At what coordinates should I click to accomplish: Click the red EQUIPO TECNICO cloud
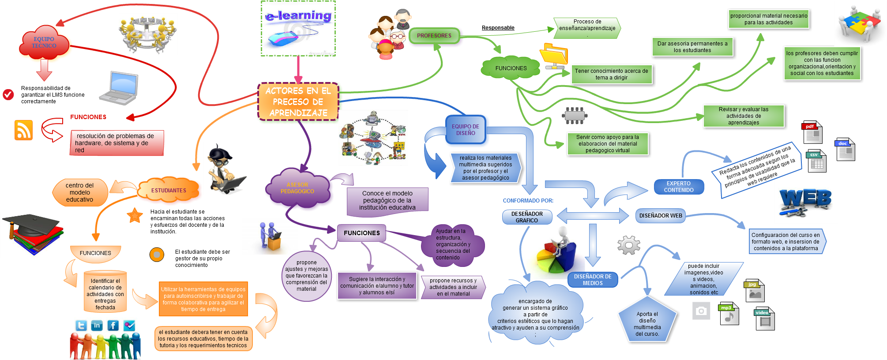[44, 43]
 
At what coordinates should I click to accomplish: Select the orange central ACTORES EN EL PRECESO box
[298, 102]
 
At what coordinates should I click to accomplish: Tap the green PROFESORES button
[434, 36]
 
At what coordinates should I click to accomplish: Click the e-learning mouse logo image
[298, 28]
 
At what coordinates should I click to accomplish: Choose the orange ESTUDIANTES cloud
[169, 191]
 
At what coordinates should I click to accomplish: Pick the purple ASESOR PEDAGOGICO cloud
[297, 188]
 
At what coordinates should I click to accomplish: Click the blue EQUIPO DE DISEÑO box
[466, 130]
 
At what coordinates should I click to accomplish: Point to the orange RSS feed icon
[23, 130]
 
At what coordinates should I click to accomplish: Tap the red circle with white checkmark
[8, 94]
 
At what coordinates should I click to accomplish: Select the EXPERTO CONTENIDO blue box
[679, 187]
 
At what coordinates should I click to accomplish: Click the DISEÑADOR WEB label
[661, 216]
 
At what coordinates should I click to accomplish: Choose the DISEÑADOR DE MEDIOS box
[593, 280]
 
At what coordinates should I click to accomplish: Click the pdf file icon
[812, 132]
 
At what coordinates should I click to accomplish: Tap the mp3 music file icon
[729, 314]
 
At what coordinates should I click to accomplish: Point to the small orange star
[135, 215]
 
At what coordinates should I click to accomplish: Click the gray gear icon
[629, 245]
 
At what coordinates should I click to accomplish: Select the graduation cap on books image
[32, 234]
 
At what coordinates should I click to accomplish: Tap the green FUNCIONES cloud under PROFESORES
[511, 68]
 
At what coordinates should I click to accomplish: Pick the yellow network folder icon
[555, 56]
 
